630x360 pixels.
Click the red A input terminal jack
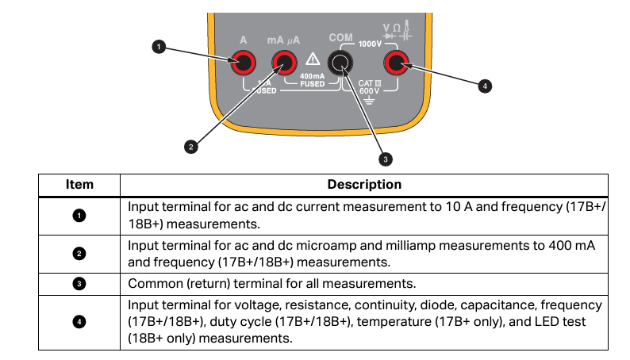point(243,62)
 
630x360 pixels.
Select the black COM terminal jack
point(341,62)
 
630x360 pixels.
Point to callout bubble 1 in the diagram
point(159,48)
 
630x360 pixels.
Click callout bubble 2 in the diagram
point(190,146)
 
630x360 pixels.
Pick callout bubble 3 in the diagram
point(386,159)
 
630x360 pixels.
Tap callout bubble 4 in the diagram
point(486,86)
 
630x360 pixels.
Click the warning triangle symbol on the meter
point(312,60)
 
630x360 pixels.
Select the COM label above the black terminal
point(341,38)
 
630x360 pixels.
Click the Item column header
point(79,185)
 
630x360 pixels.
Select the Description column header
point(364,185)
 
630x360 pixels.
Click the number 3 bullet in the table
point(79,283)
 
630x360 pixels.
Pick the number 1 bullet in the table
point(79,215)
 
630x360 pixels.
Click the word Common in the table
point(154,283)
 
